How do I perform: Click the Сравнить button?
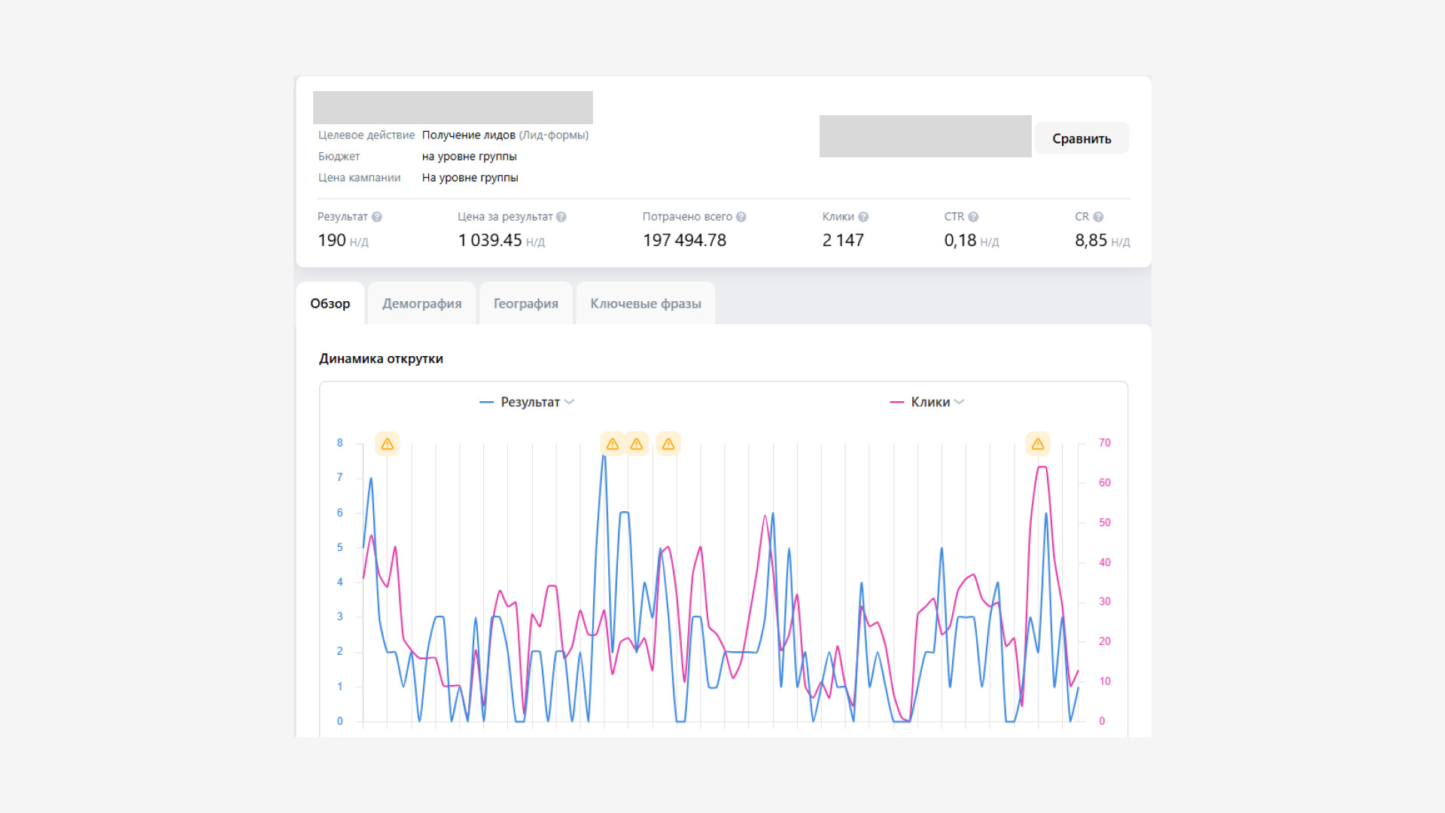coord(1081,139)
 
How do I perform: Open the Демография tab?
coord(421,303)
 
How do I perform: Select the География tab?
coord(525,303)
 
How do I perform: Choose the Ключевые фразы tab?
coord(645,303)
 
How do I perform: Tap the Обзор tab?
coord(330,303)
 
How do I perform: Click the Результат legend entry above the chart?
coord(527,402)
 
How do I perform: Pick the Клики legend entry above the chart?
coord(927,402)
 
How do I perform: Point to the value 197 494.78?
coord(684,240)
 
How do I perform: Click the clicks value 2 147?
coord(843,240)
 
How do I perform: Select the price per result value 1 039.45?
coord(490,240)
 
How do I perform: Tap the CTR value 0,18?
coord(960,240)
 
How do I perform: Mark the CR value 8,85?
coord(1091,240)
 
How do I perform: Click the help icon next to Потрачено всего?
coord(741,217)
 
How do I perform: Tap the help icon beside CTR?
coord(973,217)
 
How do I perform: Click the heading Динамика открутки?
coord(381,358)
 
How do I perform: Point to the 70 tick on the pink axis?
coord(1104,443)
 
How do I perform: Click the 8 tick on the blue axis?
coord(339,443)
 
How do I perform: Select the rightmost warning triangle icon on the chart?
coord(1038,444)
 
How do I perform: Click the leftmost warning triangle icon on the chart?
coord(388,444)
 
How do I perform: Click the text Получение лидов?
coord(468,135)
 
